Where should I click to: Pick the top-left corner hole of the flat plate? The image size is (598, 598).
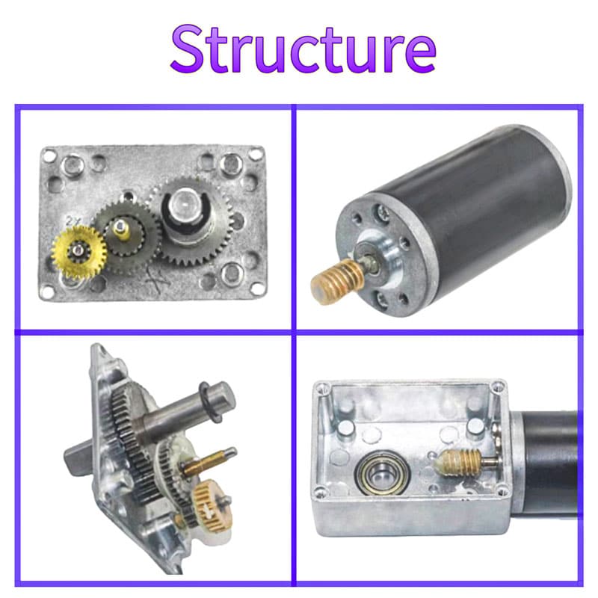pos(49,156)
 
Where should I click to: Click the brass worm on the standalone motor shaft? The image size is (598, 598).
pos(338,280)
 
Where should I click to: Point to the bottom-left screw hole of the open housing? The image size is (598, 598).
pos(321,492)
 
